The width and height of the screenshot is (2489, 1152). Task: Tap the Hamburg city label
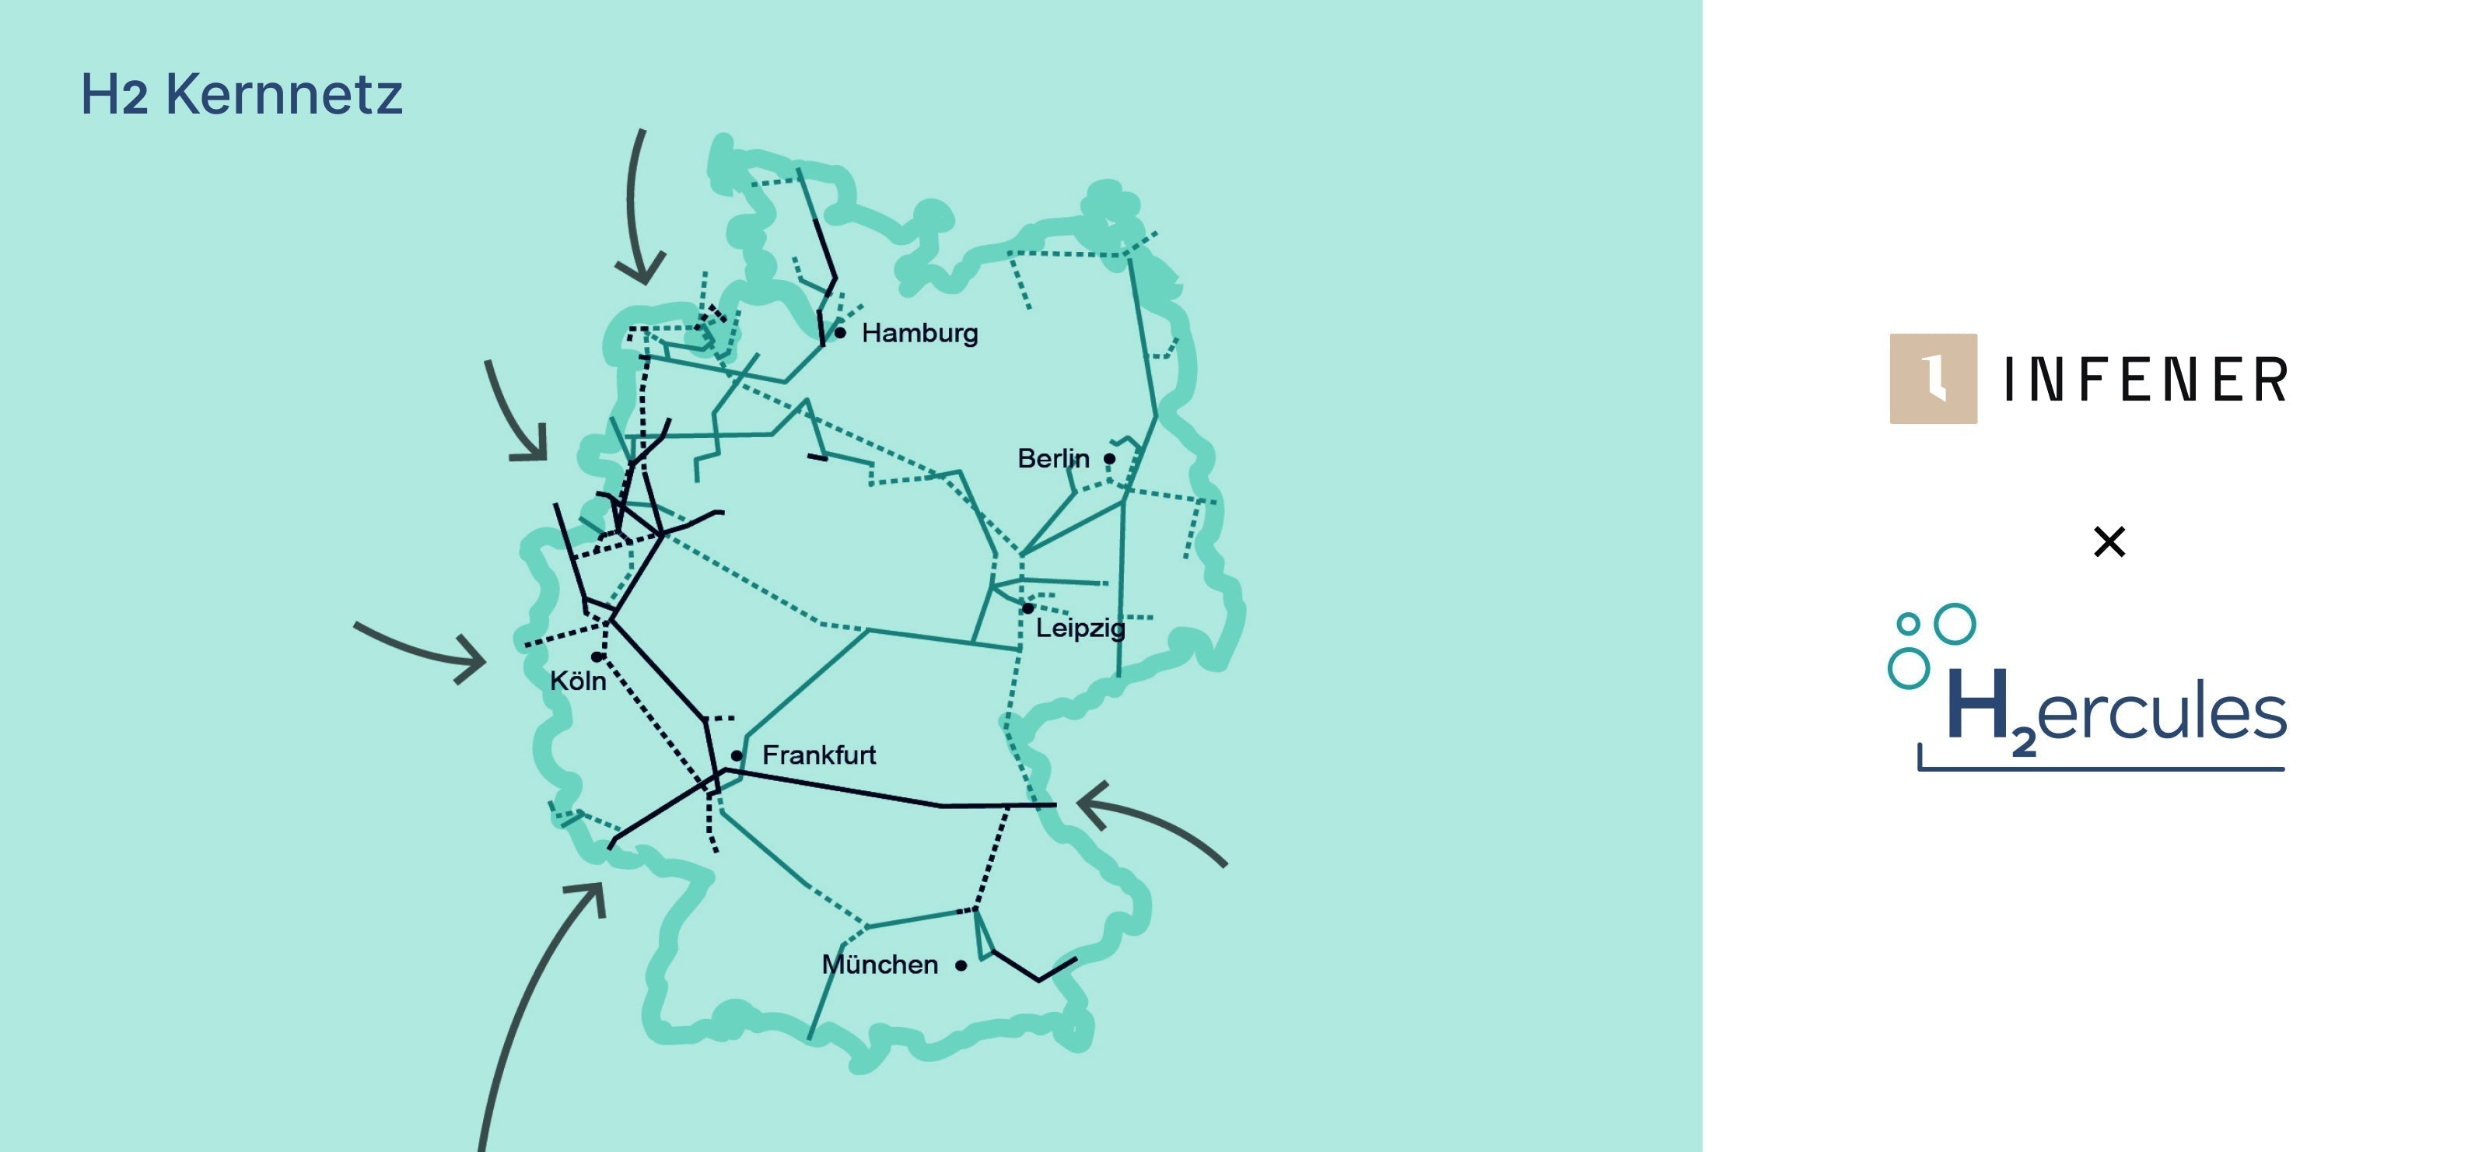click(x=919, y=334)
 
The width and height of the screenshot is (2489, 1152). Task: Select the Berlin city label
click(x=1052, y=458)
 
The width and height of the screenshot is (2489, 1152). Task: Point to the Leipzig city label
click(x=1080, y=629)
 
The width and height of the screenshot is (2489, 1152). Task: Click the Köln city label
click(x=578, y=681)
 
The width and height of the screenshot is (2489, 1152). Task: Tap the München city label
click(x=879, y=965)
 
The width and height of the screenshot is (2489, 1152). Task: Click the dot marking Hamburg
click(x=841, y=332)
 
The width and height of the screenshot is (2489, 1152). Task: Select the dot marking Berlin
click(x=1109, y=459)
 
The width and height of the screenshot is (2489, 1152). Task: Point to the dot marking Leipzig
click(x=1028, y=608)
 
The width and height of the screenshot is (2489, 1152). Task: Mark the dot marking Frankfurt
click(x=737, y=756)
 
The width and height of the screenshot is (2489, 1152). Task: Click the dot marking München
click(x=961, y=965)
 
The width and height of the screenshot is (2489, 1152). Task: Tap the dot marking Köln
click(x=597, y=657)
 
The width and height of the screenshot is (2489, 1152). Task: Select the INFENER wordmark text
click(x=2145, y=379)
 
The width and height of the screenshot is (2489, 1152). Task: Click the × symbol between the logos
click(x=2109, y=541)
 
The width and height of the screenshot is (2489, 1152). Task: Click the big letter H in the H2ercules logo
click(x=1978, y=706)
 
